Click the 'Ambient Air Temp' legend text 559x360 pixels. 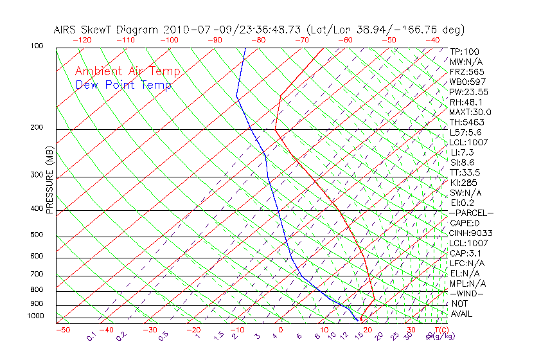(127, 71)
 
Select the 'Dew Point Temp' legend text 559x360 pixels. (123, 85)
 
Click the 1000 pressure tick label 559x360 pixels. (35, 316)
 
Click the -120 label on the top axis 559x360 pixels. (82, 40)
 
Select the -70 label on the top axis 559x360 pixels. (301, 40)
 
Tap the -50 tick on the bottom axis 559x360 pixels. (62, 330)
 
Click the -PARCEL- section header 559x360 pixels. (471, 213)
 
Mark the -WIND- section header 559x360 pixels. (467, 294)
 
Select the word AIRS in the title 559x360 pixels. (66, 30)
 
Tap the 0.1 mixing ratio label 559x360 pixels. (91, 336)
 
